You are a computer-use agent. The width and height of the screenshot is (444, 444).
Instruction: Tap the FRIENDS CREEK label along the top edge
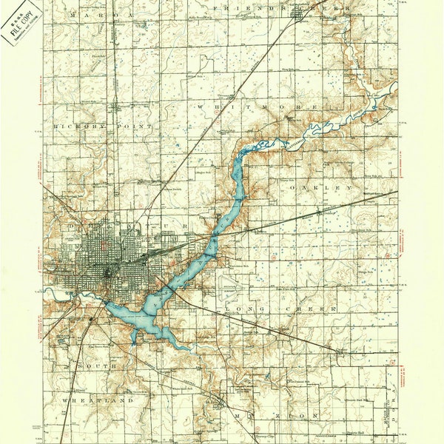click(x=278, y=7)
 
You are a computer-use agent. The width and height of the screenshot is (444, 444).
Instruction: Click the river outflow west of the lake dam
click(x=89, y=296)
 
